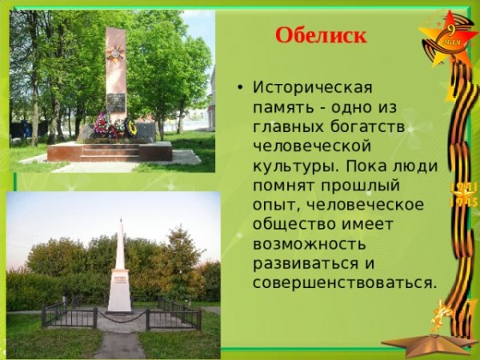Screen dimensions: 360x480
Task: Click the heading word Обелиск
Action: click(x=320, y=36)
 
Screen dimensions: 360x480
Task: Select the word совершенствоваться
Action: click(x=345, y=283)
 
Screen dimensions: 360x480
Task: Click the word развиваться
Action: click(x=301, y=264)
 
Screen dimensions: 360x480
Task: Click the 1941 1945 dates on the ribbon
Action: click(x=463, y=194)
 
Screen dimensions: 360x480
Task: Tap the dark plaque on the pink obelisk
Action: click(x=116, y=102)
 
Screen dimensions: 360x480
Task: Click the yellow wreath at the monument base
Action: click(x=132, y=126)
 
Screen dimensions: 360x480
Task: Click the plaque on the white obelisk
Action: click(x=120, y=278)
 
